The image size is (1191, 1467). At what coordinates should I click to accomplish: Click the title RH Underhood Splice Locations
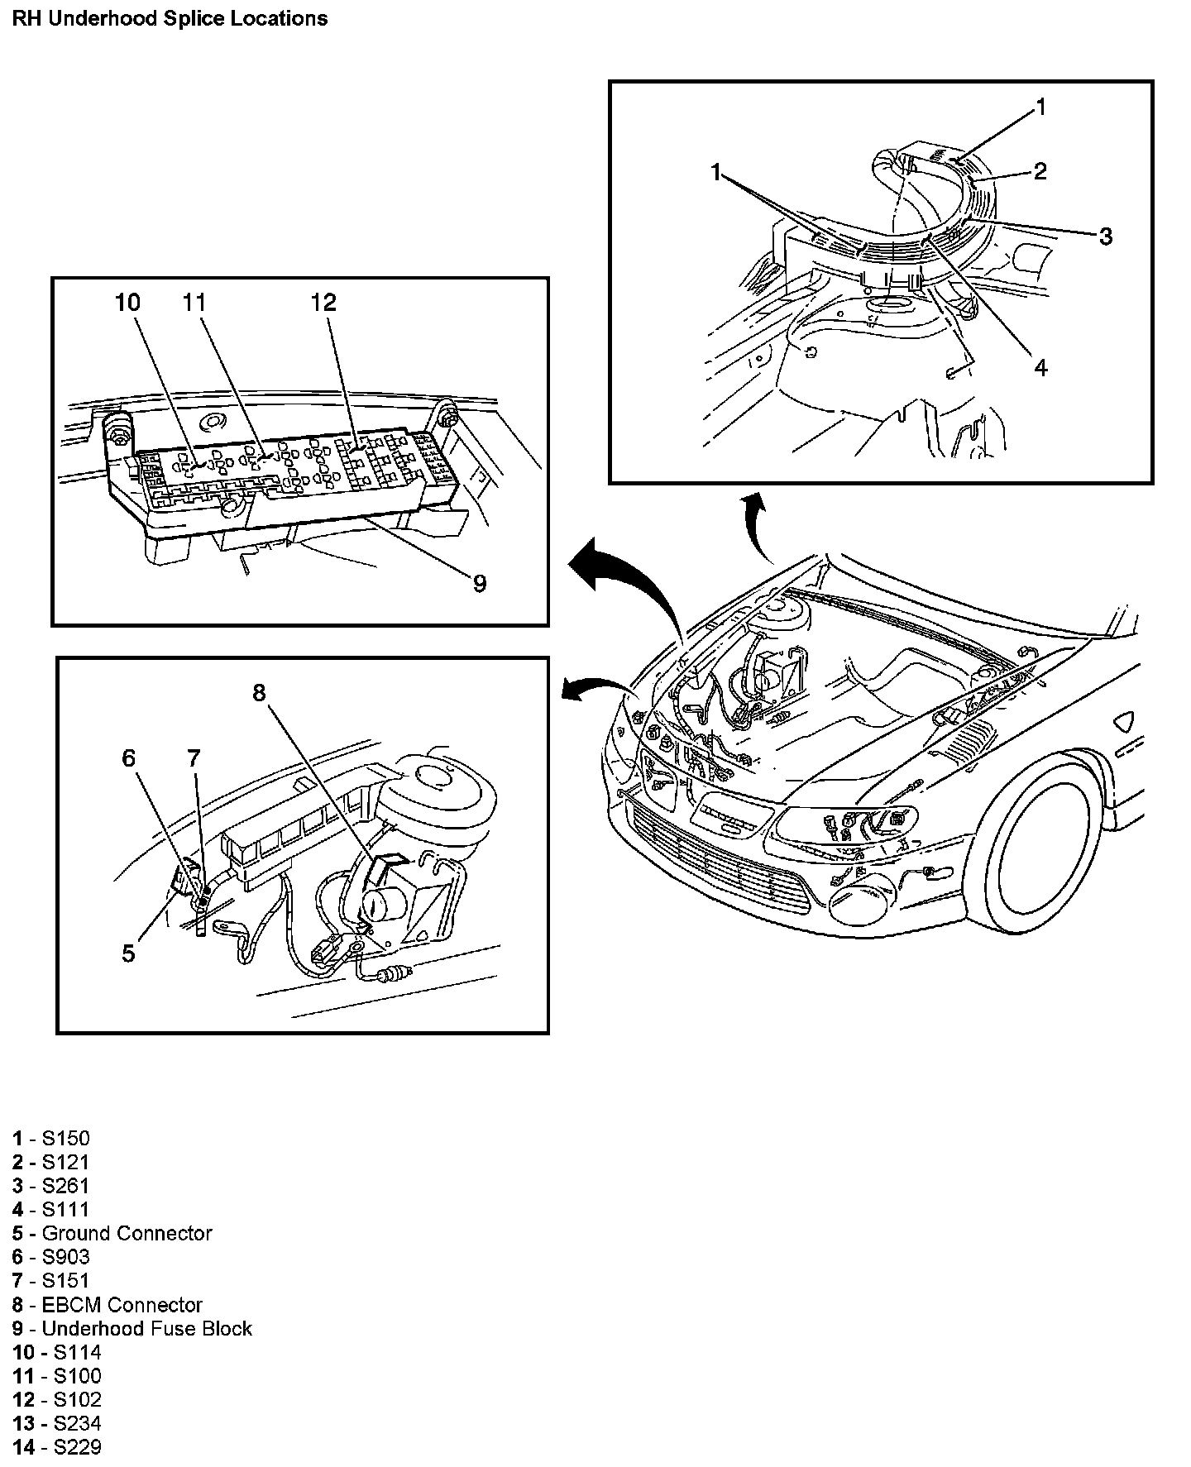[x=170, y=18]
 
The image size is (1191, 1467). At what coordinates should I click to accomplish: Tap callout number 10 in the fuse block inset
[x=128, y=303]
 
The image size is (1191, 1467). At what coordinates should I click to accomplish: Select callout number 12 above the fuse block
[x=324, y=303]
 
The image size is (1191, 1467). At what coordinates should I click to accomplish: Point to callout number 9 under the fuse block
[x=480, y=584]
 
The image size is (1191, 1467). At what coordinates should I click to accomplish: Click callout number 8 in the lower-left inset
[x=260, y=692]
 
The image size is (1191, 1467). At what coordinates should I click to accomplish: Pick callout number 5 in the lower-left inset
[x=128, y=953]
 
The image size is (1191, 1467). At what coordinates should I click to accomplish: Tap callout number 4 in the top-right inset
[x=1040, y=367]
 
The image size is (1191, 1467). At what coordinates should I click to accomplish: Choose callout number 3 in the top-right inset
[x=1106, y=237]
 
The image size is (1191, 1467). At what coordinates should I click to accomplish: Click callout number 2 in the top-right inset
[x=1040, y=171]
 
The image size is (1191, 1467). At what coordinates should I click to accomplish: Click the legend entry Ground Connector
[x=112, y=1233]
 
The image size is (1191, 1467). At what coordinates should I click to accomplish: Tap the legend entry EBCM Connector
[x=108, y=1305]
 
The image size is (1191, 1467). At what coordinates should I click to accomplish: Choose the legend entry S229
[x=57, y=1447]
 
